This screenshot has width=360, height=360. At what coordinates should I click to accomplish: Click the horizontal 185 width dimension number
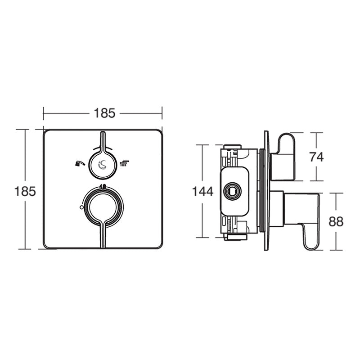pyautogui.click(x=104, y=113)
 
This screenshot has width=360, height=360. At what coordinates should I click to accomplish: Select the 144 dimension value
pyautogui.click(x=202, y=191)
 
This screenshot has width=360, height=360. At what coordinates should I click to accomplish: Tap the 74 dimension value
pyautogui.click(x=316, y=157)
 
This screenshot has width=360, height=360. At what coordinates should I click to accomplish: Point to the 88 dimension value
pyautogui.click(x=336, y=221)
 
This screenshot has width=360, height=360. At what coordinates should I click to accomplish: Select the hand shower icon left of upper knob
pyautogui.click(x=79, y=163)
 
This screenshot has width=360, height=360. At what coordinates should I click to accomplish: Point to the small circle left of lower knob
pyautogui.click(x=81, y=207)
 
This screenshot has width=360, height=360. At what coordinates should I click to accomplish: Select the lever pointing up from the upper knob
pyautogui.click(x=103, y=140)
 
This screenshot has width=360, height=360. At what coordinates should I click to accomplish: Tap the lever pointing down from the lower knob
pyautogui.click(x=103, y=235)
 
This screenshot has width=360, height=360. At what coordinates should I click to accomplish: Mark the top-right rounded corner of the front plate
pyautogui.click(x=157, y=134)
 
